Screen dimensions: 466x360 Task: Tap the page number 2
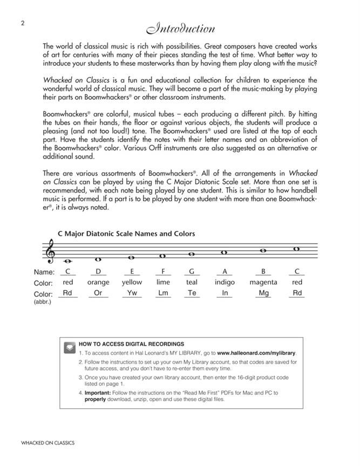coord(22,22)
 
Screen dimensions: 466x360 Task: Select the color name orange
coord(98,282)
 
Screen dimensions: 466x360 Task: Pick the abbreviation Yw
coord(132,293)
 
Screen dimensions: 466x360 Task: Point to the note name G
coord(192,271)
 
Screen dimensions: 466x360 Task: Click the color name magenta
coord(263,282)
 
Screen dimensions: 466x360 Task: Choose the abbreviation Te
coord(192,293)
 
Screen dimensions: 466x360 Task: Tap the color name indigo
coord(225,282)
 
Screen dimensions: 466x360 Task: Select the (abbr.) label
coord(43,302)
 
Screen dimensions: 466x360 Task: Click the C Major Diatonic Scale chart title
coord(126,234)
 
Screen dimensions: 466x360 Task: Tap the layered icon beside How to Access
coord(69,347)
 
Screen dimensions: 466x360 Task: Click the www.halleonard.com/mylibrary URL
coord(256,353)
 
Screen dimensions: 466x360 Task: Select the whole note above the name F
coord(162,256)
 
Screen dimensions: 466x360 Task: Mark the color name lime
coord(162,282)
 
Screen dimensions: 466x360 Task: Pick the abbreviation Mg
coord(263,293)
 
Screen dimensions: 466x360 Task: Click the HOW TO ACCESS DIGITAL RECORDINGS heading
coord(131,344)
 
